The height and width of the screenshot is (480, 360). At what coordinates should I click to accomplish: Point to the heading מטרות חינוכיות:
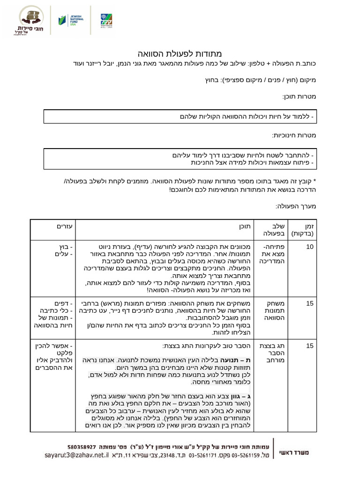[x=294, y=135]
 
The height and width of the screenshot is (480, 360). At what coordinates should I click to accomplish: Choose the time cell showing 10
[x=310, y=247]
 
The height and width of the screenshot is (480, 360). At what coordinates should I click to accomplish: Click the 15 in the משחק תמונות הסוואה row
[x=310, y=303]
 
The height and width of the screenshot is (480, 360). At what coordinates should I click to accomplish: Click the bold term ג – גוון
[x=241, y=396]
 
